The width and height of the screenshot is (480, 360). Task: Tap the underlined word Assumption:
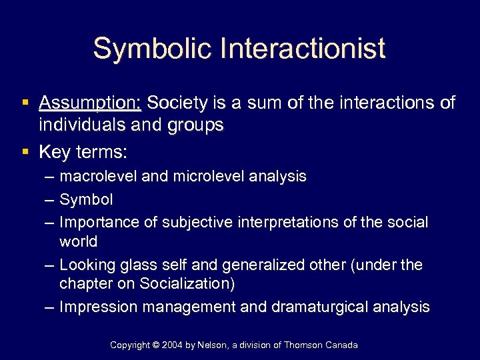[90, 103]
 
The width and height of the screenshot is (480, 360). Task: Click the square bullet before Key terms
[25, 152]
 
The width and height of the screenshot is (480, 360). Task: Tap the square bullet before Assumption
[25, 103]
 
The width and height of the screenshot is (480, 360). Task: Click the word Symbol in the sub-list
[86, 199]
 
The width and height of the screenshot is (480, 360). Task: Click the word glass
[137, 265]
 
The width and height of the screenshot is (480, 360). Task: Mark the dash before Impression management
[48, 307]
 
